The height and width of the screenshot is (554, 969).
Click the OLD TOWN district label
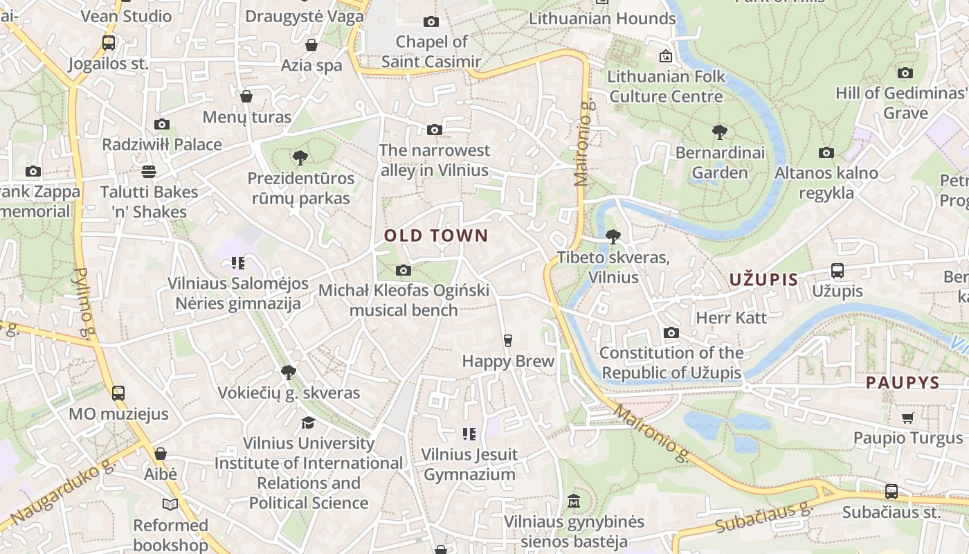(x=436, y=235)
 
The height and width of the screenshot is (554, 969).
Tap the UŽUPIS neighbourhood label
(x=763, y=280)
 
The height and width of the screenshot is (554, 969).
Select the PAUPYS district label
(x=903, y=382)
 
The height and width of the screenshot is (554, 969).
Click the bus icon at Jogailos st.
(x=109, y=43)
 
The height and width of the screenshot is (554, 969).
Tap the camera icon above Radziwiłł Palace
(x=162, y=125)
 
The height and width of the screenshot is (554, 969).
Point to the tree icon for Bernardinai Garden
(x=720, y=132)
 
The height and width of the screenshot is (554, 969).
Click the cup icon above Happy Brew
(x=507, y=340)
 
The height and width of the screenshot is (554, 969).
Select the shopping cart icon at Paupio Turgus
(x=907, y=418)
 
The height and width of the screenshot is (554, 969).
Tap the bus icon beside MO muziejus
(x=118, y=393)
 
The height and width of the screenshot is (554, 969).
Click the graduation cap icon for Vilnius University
(x=308, y=422)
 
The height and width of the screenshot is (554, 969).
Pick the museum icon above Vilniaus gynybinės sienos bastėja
(x=573, y=501)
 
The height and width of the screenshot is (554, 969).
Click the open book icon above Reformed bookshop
(x=170, y=504)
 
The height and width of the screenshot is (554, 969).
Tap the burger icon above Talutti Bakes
(x=149, y=171)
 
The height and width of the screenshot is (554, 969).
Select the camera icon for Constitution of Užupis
(x=671, y=333)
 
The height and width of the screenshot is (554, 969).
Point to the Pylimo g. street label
(x=83, y=303)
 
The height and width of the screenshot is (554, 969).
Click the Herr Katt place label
(x=731, y=318)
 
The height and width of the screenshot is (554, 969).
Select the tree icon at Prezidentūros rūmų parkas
(x=300, y=158)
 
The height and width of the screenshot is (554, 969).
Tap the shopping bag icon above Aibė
(x=161, y=454)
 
